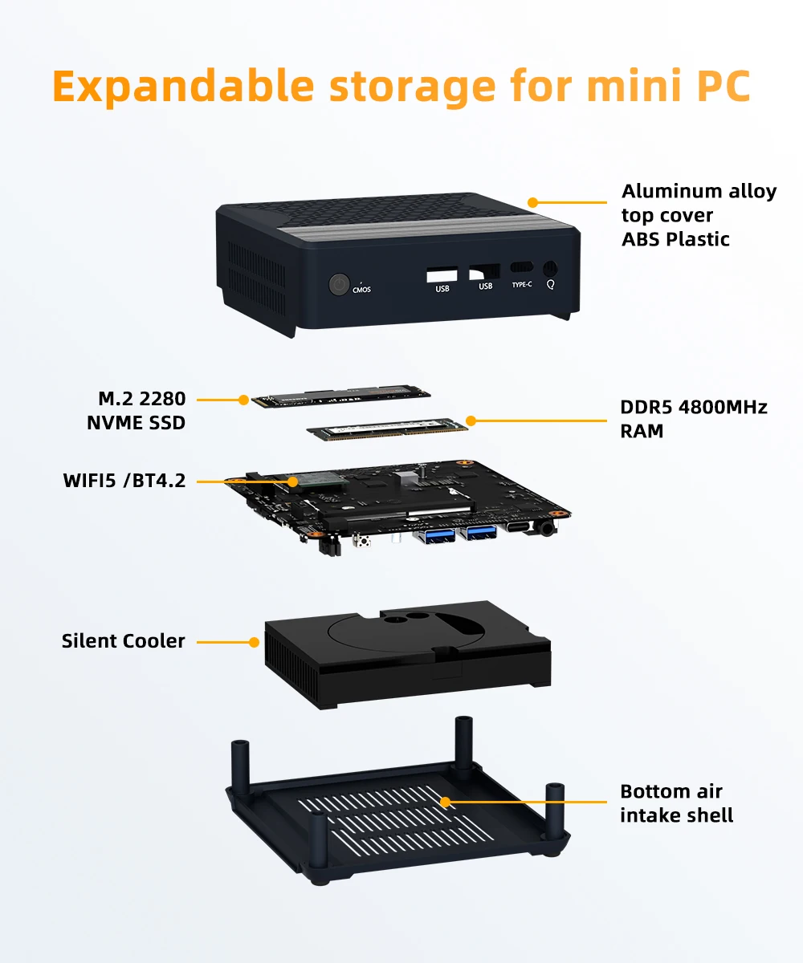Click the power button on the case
pos(339,285)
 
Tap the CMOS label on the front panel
pos(361,290)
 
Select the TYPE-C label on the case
pos(522,285)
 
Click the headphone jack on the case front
pos(549,268)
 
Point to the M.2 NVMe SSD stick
pos(341,396)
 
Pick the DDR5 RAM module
pos(388,429)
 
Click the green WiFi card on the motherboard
pos(321,481)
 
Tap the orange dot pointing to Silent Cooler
pos(254,642)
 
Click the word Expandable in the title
pos(184,87)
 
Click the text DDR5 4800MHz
pos(694,407)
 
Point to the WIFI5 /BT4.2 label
pos(124,481)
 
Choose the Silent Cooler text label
pos(123,641)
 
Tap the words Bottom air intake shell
pos(676,803)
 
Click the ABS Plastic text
pos(675,239)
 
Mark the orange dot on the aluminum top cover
pos(532,202)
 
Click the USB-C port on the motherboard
pos(519,526)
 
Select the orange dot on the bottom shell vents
pos(446,802)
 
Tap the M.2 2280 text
pos(141,399)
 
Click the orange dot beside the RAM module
pos(471,421)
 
